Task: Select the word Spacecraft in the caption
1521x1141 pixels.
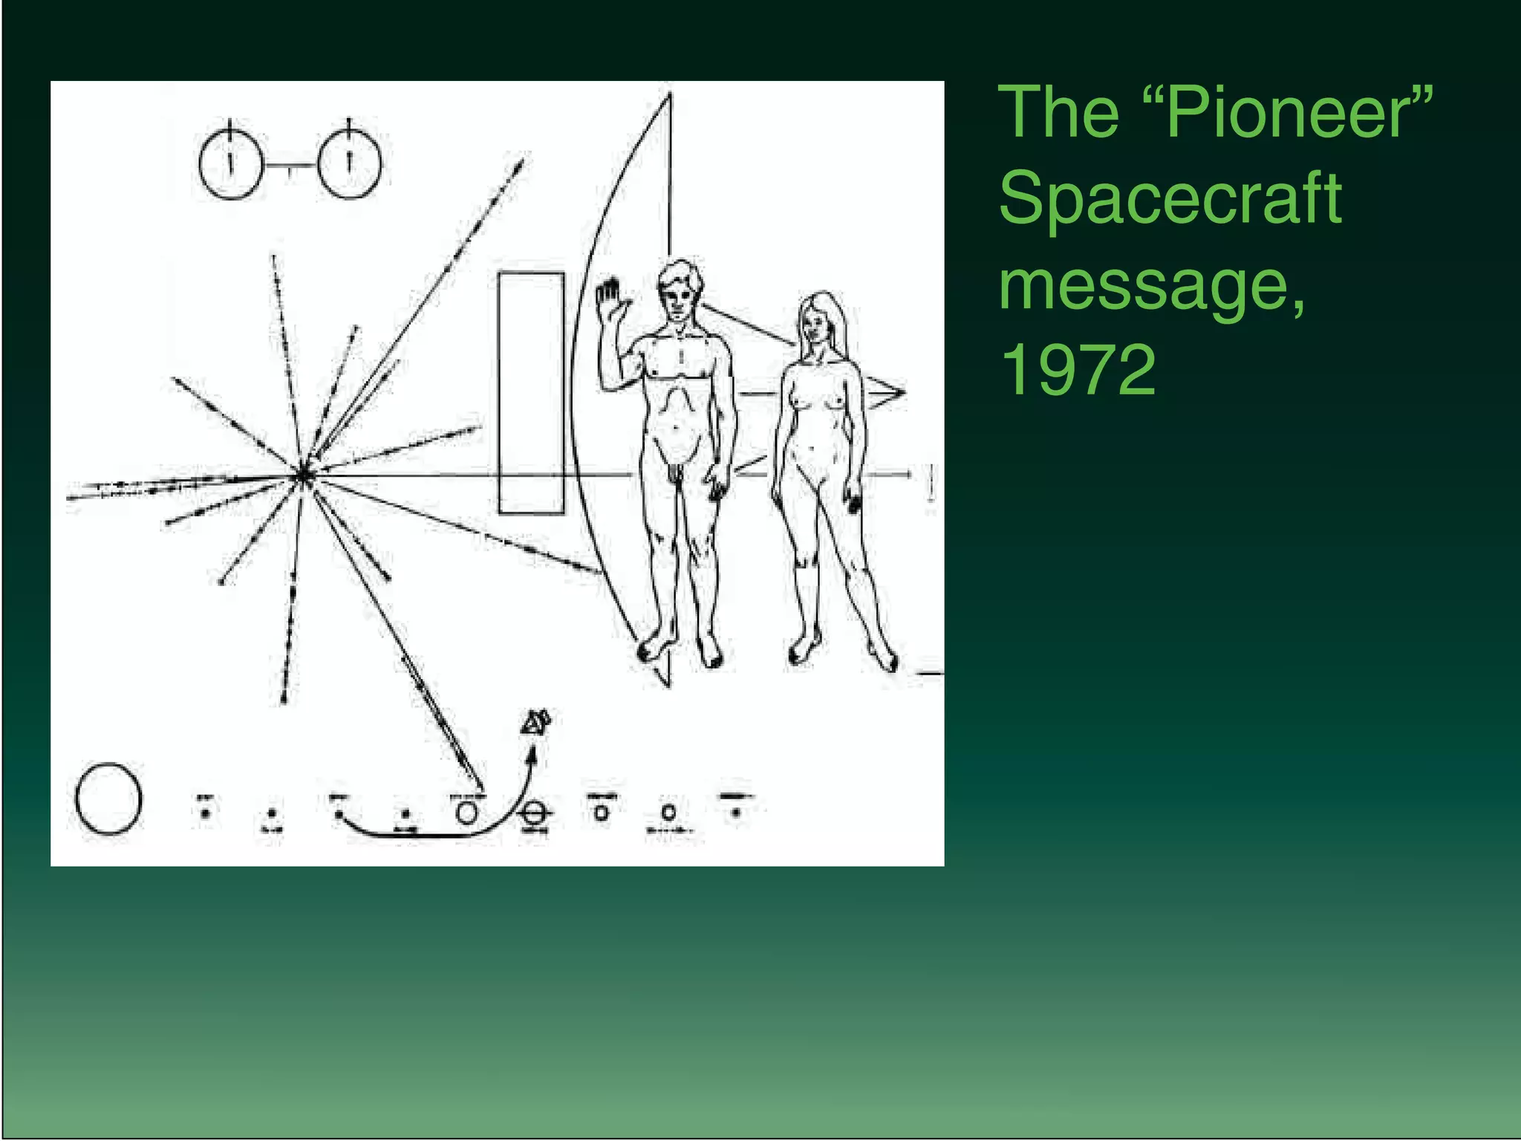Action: click(x=1170, y=198)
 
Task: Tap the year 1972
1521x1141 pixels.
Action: click(x=1078, y=369)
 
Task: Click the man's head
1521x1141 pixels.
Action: click(x=679, y=290)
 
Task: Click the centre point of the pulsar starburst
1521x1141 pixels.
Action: click(x=304, y=474)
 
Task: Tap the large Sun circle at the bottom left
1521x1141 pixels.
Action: click(x=108, y=799)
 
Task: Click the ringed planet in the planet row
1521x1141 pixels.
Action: click(x=534, y=813)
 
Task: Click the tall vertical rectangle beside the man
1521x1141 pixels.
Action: click(x=531, y=393)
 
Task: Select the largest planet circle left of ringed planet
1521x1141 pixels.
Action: click(x=466, y=813)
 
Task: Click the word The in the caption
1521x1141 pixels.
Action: click(x=1059, y=113)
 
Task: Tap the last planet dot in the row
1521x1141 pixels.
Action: click(x=735, y=813)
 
